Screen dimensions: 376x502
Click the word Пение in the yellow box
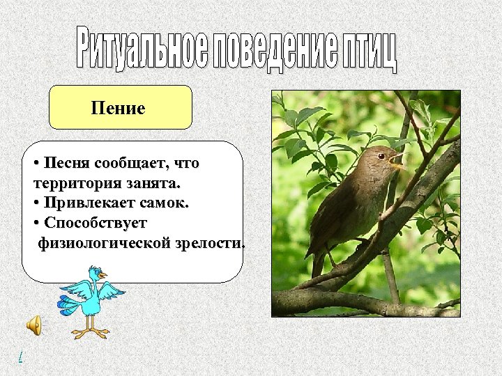[x=118, y=108]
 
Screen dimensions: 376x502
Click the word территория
[x=70, y=183]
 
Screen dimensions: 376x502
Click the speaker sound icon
[x=33, y=324]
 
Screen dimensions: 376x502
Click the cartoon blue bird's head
[x=94, y=273]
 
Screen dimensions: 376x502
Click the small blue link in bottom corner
[x=20, y=357]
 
